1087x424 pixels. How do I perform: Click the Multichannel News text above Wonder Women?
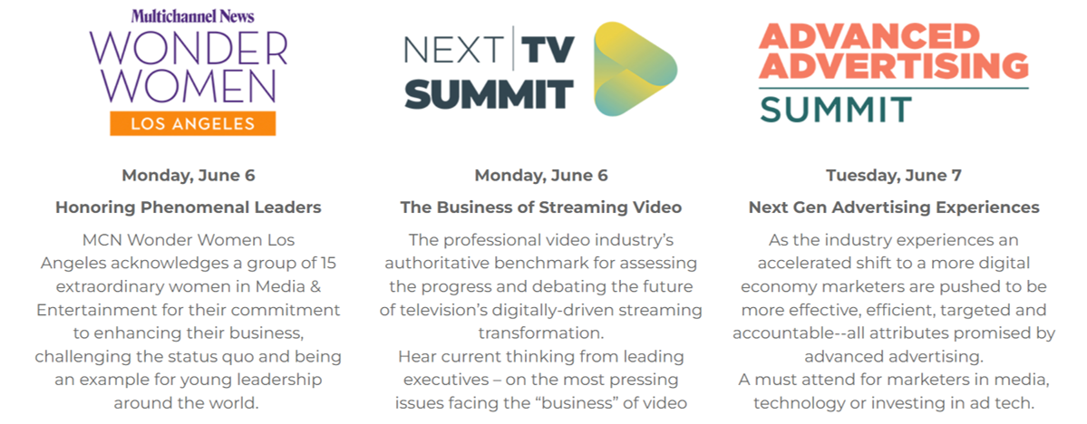coord(192,16)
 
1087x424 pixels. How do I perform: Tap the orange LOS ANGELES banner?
coord(193,123)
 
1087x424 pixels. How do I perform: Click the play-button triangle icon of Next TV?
coord(635,69)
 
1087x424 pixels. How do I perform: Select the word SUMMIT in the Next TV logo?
coord(490,94)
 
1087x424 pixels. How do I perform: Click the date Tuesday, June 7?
coord(894,175)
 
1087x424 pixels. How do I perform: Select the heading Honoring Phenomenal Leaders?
coord(189,207)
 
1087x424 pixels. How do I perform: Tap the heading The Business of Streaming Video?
coord(540,207)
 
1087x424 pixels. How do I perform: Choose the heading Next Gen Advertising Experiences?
coord(894,207)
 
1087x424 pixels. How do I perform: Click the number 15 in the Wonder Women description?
coord(327,264)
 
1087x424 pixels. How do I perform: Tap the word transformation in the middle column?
coord(540,333)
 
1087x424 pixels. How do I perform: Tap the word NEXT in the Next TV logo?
coord(454,50)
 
